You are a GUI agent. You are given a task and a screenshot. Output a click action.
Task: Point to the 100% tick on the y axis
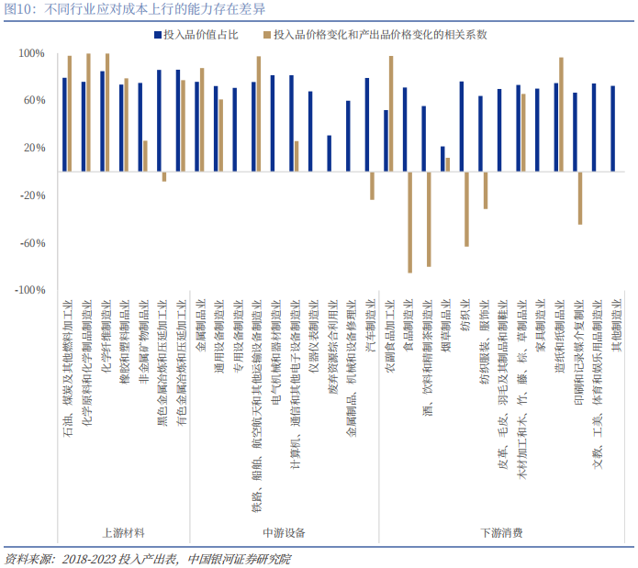coord(31,53)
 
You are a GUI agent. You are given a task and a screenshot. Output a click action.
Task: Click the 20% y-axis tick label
coord(33,148)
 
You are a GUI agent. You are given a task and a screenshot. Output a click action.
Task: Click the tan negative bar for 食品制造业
coord(410,221)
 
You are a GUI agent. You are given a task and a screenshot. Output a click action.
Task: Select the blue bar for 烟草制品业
coord(442,159)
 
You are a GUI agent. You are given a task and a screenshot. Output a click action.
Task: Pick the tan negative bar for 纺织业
coord(466,208)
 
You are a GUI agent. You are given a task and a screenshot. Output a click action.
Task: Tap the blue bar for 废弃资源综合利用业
coord(329,153)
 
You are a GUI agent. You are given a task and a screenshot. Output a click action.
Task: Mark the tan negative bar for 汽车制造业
coord(372,185)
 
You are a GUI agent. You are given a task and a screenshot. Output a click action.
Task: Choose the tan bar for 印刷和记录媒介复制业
coord(580,197)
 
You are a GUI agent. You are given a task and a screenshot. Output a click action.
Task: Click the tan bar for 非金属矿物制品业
coord(145,156)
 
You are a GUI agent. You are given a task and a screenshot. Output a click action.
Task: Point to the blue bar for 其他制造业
coord(612,128)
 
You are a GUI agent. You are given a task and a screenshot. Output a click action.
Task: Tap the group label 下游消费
coord(501,532)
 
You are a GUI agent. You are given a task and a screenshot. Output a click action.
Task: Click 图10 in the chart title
coord(20,9)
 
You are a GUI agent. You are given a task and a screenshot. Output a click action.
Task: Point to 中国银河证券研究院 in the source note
coord(239,558)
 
